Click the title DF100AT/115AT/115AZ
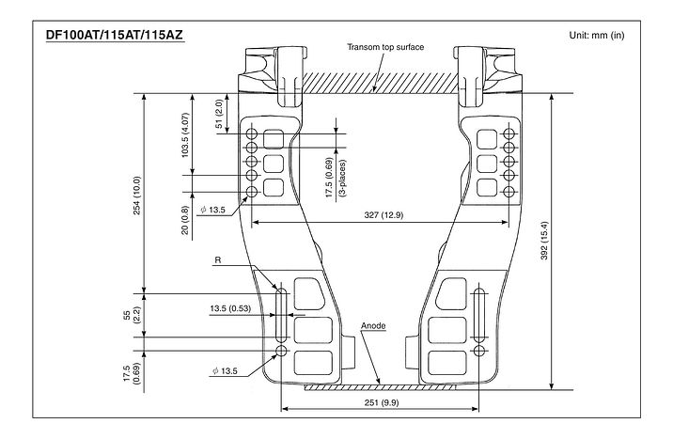pos(115,35)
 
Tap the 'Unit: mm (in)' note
pos(597,35)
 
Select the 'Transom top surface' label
pos(385,47)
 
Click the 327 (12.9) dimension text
pos(383,215)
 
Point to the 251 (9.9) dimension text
pos(381,402)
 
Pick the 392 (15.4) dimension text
pos(544,241)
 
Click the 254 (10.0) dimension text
pos(136,196)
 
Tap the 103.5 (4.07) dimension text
pos(185,134)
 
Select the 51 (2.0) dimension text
pos(218,114)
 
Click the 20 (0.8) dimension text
pos(185,220)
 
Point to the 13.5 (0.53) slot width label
pos(230,308)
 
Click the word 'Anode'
pos(373,325)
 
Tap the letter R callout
pos(218,260)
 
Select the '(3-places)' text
pos(342,178)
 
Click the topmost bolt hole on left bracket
pos(252,132)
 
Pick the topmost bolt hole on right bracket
pos(509,132)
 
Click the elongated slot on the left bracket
pos(282,315)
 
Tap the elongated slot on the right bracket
pos(478,315)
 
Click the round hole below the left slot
pos(282,351)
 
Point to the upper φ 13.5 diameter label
pos(212,210)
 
